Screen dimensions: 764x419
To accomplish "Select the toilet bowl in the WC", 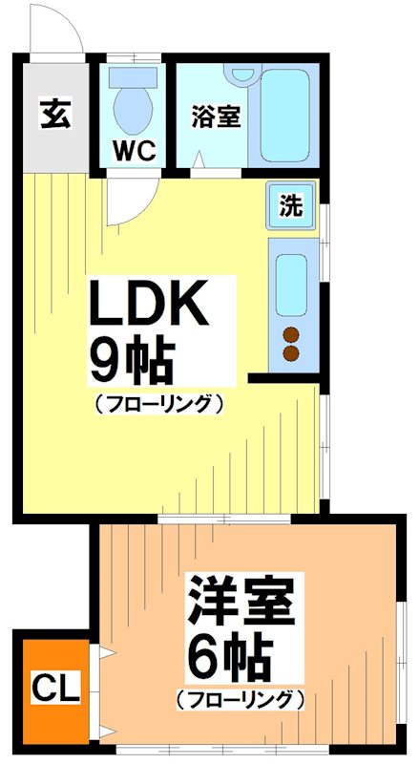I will click(132, 104).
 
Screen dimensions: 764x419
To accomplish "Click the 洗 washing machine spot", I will click(291, 204).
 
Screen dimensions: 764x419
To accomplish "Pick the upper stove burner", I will click(292, 335).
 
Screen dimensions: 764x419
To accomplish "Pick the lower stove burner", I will click(292, 353).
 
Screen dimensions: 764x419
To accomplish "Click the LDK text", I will click(148, 306).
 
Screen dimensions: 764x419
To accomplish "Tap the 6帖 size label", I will click(229, 656).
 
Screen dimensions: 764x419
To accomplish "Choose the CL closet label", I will click(49, 686).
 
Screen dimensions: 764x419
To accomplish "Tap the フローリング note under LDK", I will click(158, 403).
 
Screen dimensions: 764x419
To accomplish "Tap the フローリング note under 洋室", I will click(240, 699).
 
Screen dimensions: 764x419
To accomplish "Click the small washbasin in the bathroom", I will click(244, 74).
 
